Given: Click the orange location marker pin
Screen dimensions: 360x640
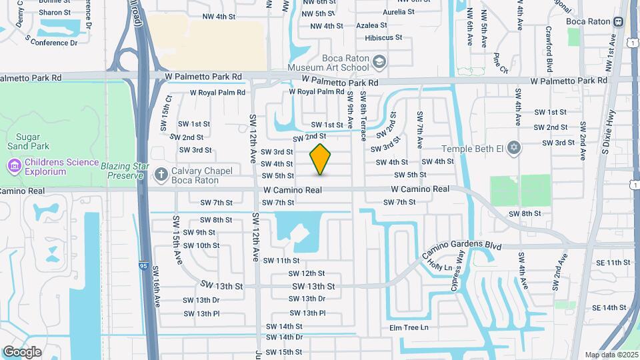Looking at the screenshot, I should pos(321,159).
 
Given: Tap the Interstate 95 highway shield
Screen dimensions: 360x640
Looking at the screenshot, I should pos(143,266).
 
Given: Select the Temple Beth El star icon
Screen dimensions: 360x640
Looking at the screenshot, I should pos(513,147).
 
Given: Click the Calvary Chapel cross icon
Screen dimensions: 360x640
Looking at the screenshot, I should pos(161,175).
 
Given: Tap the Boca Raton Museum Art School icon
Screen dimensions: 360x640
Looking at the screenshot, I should pos(379,62).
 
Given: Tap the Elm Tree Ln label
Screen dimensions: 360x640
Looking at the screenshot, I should pos(409,327).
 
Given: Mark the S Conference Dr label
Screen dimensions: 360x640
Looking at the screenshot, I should pos(51,41).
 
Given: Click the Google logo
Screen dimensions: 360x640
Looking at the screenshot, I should pos(22,351).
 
